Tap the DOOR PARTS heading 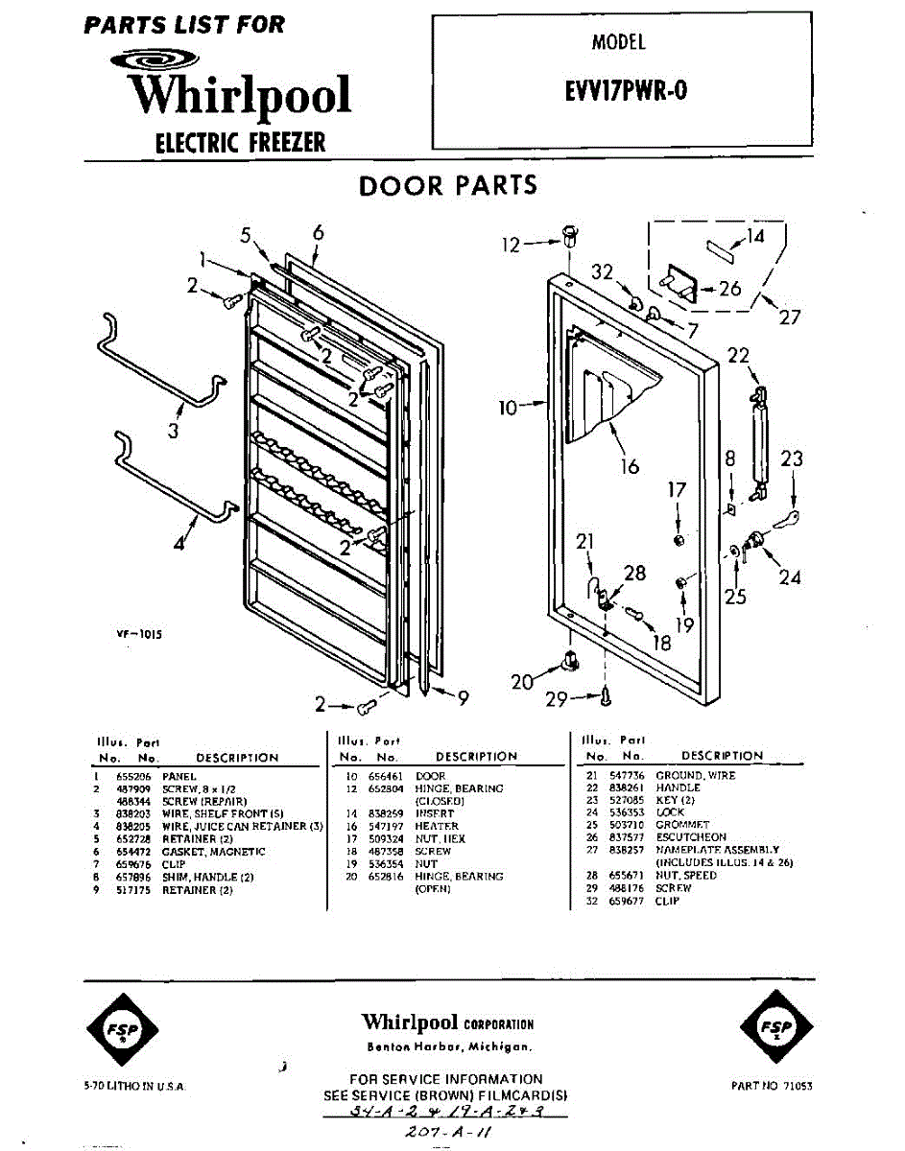448,185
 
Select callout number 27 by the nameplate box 789,317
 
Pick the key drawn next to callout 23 790,519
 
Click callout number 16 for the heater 630,468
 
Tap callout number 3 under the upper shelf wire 173,431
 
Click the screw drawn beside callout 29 607,696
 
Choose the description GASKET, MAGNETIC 213,852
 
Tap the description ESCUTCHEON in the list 691,837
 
